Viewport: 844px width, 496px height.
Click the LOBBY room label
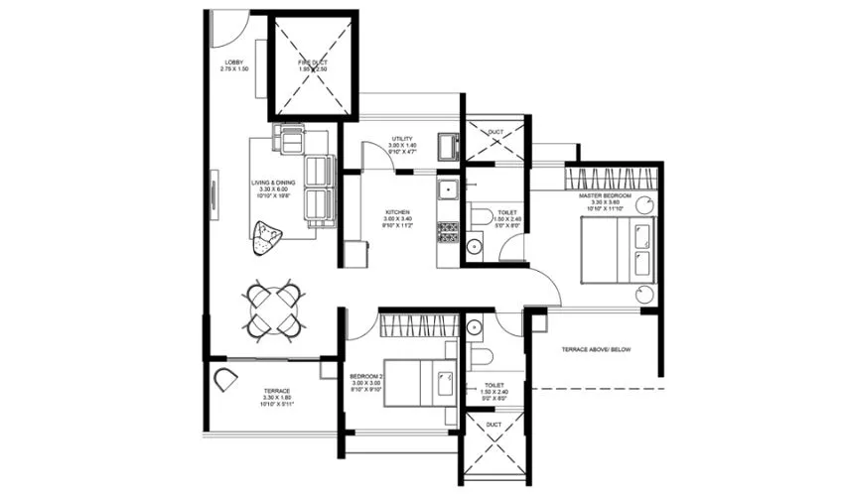(x=234, y=63)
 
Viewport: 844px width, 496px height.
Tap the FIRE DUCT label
(x=313, y=63)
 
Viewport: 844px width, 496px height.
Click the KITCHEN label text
(x=398, y=212)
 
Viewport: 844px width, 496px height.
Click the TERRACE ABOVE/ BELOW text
(x=596, y=350)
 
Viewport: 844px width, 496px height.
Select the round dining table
(x=273, y=310)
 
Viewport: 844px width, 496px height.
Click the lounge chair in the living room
(x=267, y=237)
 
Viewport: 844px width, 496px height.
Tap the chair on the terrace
(x=225, y=378)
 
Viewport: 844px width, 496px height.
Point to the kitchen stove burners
(x=448, y=232)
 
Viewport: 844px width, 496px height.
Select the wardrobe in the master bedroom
(x=611, y=178)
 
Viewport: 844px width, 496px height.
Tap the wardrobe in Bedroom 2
(x=417, y=324)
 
